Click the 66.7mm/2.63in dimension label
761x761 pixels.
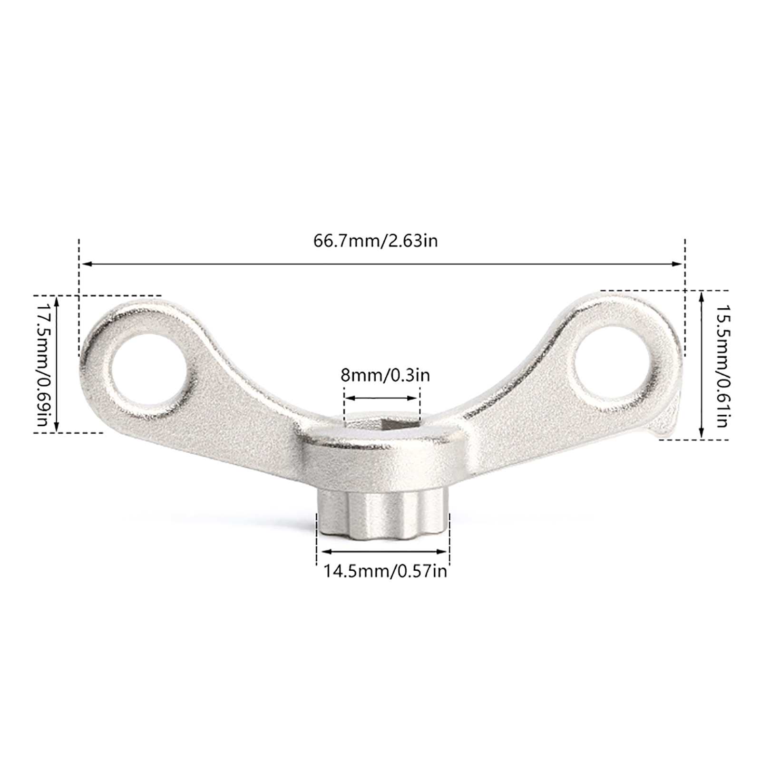[375, 241]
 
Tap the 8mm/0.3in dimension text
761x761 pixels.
[385, 375]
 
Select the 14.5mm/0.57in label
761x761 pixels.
[385, 570]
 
